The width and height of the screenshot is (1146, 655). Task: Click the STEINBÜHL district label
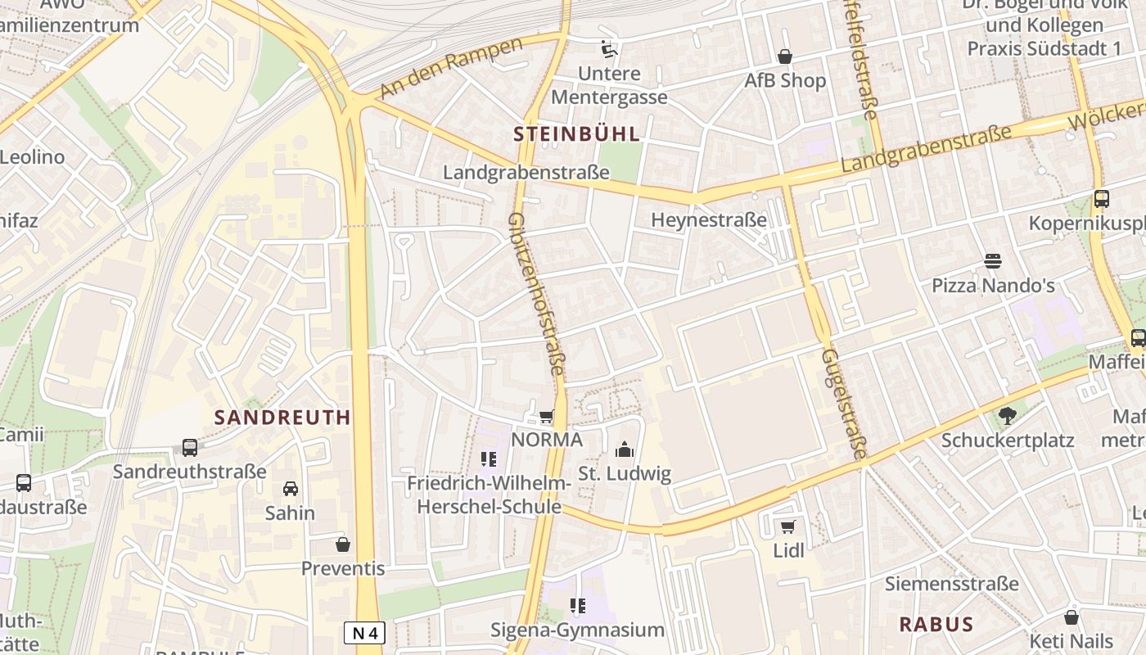[576, 133]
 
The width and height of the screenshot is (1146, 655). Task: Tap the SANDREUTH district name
[282, 417]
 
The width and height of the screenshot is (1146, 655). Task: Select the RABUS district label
[936, 624]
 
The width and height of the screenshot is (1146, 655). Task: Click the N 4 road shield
[364, 632]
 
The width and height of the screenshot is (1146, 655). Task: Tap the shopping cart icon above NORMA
[546, 417]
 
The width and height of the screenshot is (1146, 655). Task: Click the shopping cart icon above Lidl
[787, 526]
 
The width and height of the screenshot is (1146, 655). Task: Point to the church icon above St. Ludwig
[625, 449]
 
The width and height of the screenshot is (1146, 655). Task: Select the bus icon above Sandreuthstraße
[190, 448]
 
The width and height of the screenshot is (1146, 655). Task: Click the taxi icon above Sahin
[290, 489]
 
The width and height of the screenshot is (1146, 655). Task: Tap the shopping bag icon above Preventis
[342, 544]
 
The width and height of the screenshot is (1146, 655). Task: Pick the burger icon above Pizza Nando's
[993, 261]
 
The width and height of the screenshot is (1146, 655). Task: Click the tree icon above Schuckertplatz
[1007, 416]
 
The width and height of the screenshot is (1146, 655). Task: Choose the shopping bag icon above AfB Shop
[784, 56]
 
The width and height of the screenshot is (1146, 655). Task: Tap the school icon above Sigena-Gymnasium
[577, 606]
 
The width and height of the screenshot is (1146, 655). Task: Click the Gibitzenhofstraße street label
[537, 295]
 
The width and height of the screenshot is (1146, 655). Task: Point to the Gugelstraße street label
[844, 404]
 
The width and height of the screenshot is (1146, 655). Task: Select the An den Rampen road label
[451, 69]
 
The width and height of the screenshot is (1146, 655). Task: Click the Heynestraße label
[709, 219]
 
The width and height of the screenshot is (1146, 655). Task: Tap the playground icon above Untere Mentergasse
[608, 49]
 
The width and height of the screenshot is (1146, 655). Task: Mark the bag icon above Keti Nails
[1071, 617]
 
